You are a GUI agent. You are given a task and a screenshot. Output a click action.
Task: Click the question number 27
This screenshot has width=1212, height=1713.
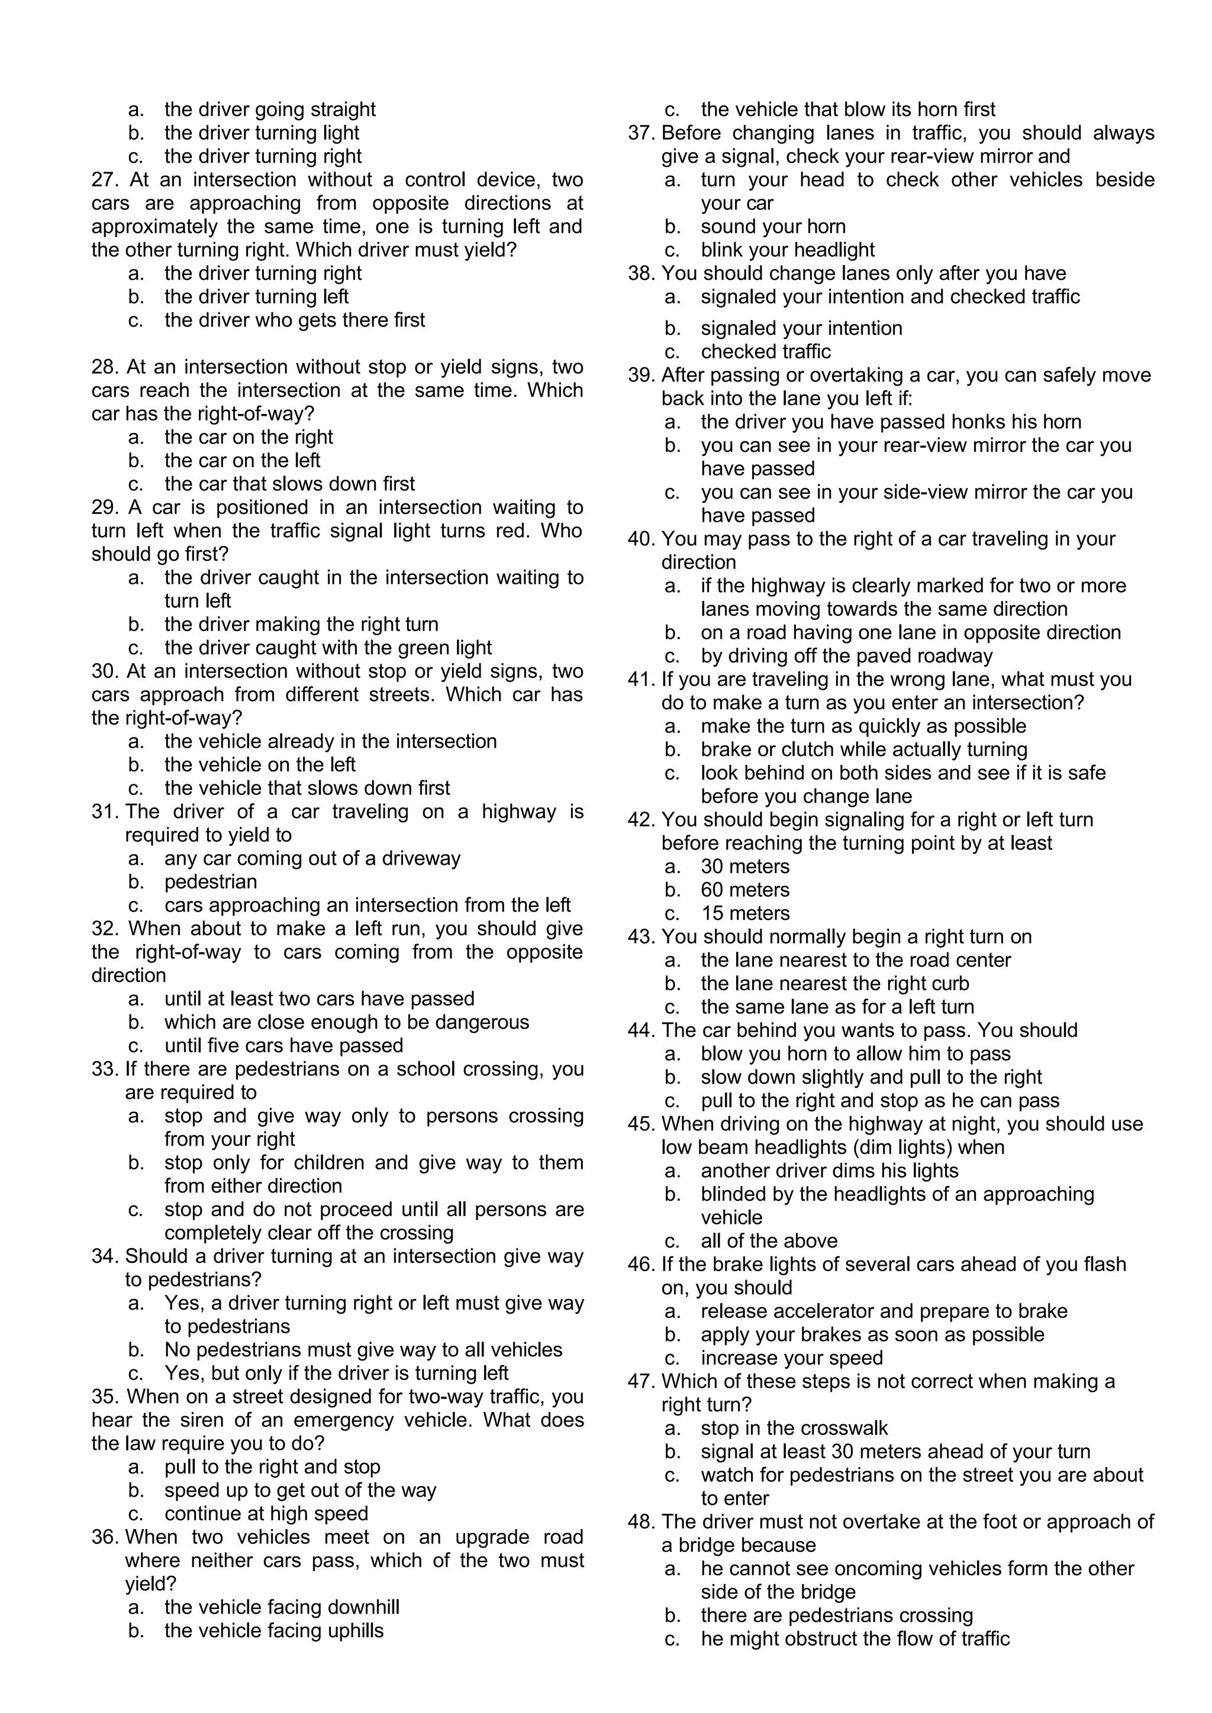[105, 180]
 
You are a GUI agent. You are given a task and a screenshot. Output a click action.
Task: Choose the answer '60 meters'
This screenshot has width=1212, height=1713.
[745, 890]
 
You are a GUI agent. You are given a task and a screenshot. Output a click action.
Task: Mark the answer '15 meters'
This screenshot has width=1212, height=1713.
[745, 913]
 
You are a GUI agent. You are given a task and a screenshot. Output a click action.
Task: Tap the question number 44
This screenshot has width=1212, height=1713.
[640, 1031]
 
